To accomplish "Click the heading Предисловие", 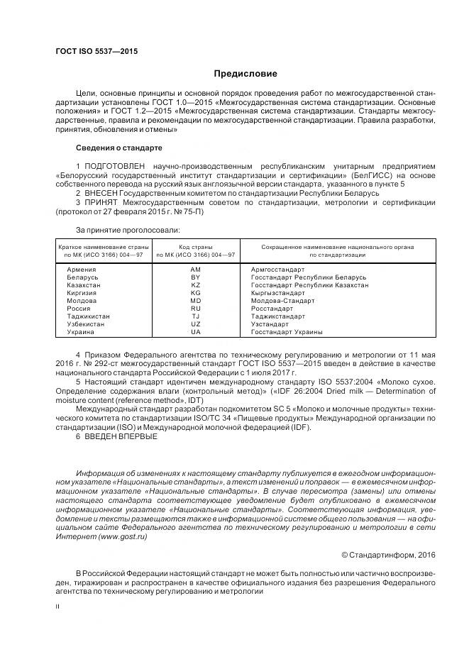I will pyautogui.click(x=245, y=74).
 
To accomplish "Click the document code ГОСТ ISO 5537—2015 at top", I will pyautogui.click(x=96, y=52).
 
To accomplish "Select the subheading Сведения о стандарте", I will pyautogui.click(x=118, y=148).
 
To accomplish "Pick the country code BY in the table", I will pyautogui.click(x=196, y=277).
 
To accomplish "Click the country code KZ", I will pyautogui.click(x=196, y=285).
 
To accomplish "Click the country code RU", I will pyautogui.click(x=196, y=309).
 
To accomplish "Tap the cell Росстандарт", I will pyautogui.click(x=272, y=309).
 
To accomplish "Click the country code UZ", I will pyautogui.click(x=196, y=324).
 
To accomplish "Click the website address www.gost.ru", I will pyautogui.click(x=123, y=538).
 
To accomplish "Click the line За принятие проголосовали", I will pyautogui.click(x=128, y=230).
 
